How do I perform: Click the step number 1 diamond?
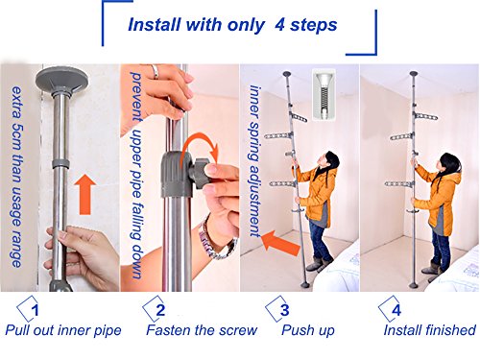click(32, 310)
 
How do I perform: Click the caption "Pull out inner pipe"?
click(62, 330)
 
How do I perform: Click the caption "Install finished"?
click(429, 330)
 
